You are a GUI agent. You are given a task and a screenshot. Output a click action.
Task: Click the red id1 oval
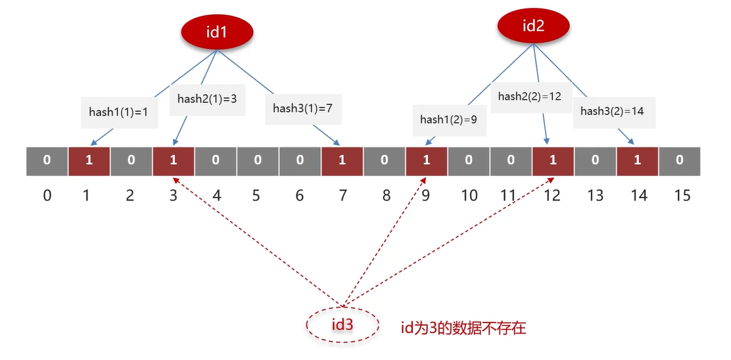[x=216, y=31]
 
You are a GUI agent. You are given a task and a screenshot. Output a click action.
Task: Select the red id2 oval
[x=533, y=26]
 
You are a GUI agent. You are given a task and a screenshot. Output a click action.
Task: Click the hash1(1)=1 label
[x=118, y=112]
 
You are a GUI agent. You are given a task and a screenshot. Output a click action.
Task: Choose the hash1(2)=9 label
[x=449, y=120]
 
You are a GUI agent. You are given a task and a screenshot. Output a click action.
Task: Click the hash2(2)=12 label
[x=529, y=96]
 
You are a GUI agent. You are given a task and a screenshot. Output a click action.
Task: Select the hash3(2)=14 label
[x=611, y=111]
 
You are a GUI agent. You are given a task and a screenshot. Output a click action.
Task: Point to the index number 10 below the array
[x=469, y=195]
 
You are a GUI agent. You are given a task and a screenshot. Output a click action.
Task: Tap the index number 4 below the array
[x=216, y=195]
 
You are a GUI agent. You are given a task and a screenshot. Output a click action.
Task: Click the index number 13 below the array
[x=595, y=195]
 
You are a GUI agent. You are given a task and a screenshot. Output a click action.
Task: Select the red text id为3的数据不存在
[x=463, y=328]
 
